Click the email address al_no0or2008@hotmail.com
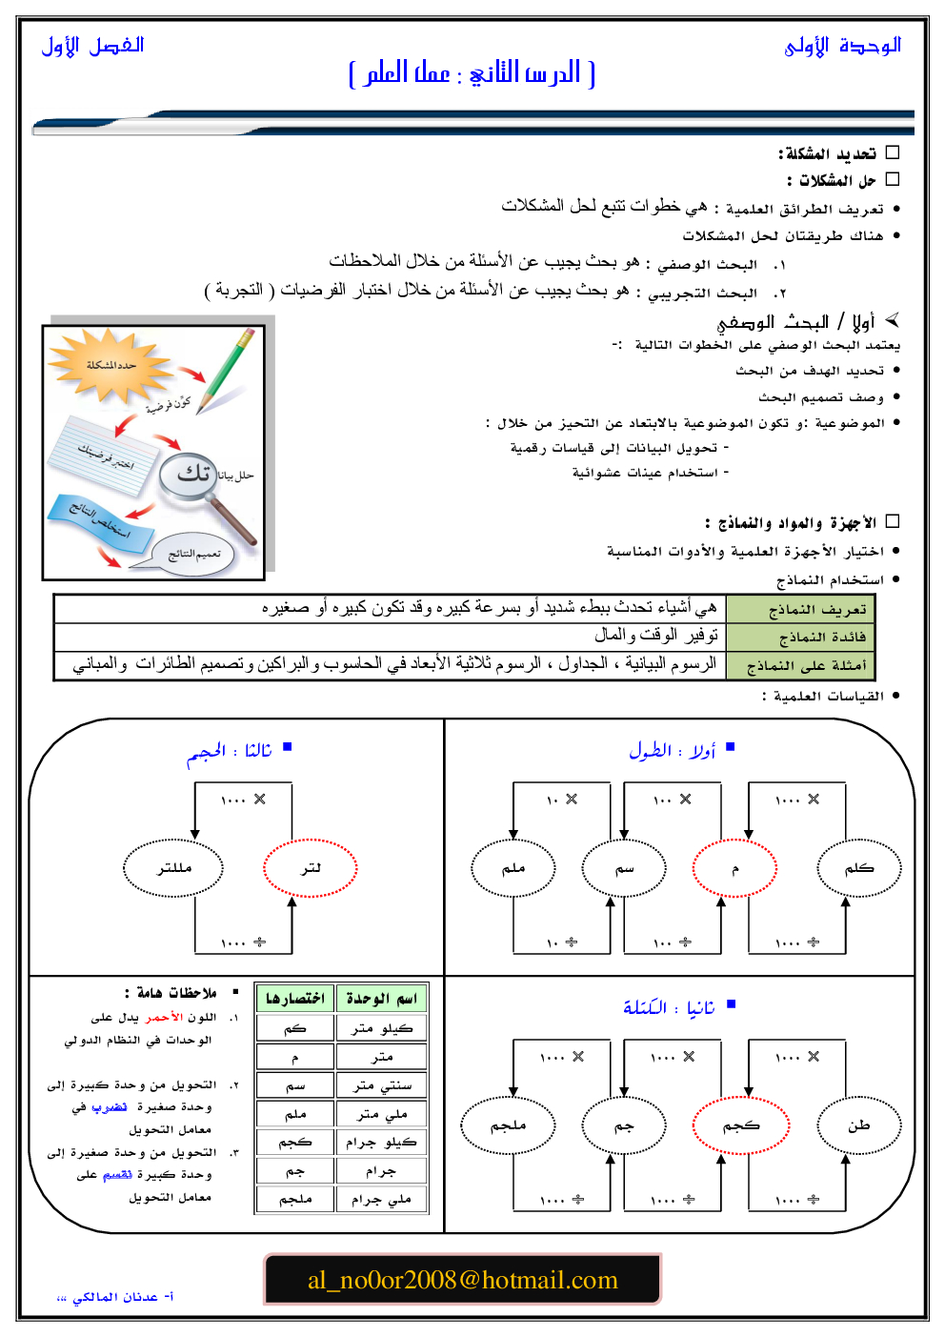462,1280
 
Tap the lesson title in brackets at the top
472,73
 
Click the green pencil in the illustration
227,368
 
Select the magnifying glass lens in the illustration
191,474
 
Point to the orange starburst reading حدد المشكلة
110,364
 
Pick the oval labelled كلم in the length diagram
858,868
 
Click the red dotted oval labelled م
734,868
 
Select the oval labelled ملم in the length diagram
513,868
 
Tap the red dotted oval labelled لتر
311,868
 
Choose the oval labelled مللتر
173,868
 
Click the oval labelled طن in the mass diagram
858,1125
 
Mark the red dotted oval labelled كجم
741,1125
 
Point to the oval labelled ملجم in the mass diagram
508,1125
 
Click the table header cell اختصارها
295,998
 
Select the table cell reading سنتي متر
382,1085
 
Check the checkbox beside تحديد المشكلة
893,152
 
